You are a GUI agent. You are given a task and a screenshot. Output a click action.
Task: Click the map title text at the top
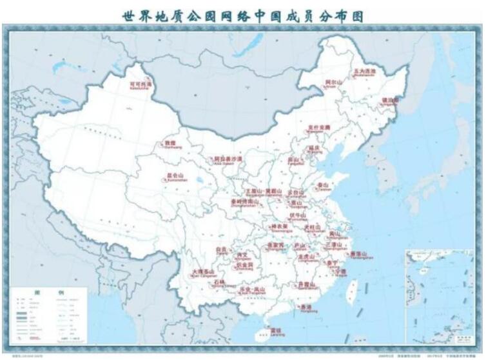(242, 15)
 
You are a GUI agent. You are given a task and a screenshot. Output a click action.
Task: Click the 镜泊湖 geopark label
(391, 101)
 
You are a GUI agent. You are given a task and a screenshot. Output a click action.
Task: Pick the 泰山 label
(323, 185)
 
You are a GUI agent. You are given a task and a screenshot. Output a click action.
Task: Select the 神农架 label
(278, 226)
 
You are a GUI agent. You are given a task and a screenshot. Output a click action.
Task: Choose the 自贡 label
(222, 248)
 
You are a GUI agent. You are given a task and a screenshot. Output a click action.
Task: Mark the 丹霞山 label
(306, 284)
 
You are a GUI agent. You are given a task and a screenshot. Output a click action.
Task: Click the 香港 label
(306, 306)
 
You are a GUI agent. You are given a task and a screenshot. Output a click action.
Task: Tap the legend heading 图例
(48, 294)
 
